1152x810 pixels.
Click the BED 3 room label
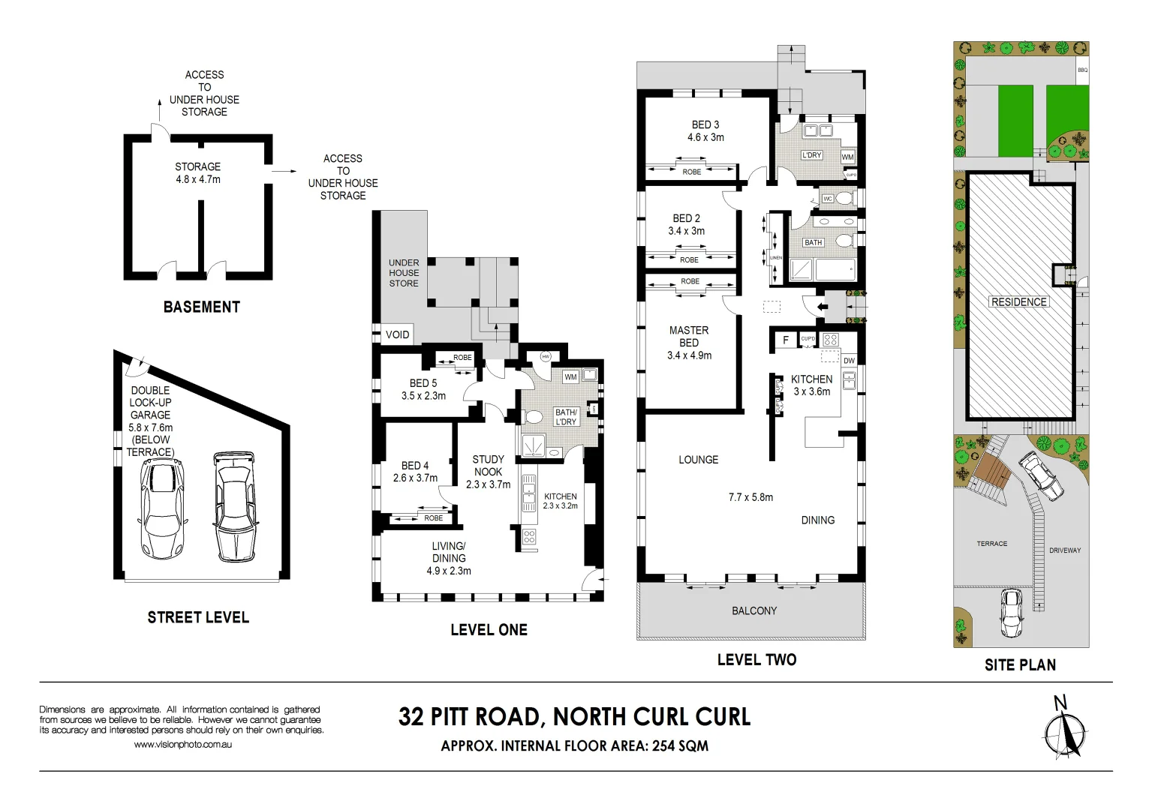pyautogui.click(x=705, y=125)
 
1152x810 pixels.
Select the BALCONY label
pyautogui.click(x=754, y=611)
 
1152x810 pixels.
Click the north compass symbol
pyautogui.click(x=1064, y=731)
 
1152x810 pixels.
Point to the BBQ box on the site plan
pyautogui.click(x=1082, y=70)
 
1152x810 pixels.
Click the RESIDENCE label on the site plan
pyautogui.click(x=1018, y=302)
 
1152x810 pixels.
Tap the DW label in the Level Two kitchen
pyautogui.click(x=849, y=361)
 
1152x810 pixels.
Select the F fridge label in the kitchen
pyautogui.click(x=786, y=340)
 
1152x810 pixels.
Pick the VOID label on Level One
pyautogui.click(x=398, y=334)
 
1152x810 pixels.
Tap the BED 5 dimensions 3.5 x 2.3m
pyautogui.click(x=423, y=396)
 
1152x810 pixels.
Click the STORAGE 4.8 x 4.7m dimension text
pyautogui.click(x=198, y=180)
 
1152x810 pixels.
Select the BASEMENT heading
pyautogui.click(x=202, y=307)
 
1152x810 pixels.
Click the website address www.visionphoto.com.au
pyautogui.click(x=182, y=745)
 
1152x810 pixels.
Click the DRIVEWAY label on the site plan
pyautogui.click(x=1065, y=550)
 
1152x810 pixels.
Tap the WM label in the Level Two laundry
pyautogui.click(x=847, y=157)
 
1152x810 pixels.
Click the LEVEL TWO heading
pyautogui.click(x=756, y=660)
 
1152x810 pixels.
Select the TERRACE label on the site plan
pyautogui.click(x=992, y=544)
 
